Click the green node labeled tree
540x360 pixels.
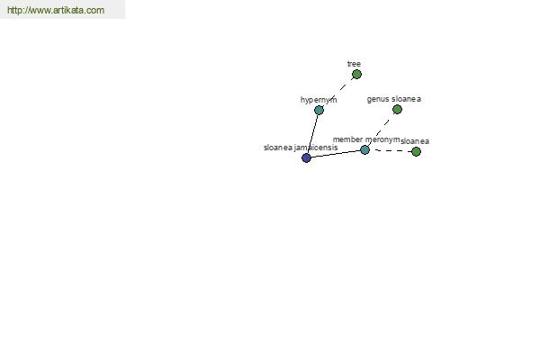[356, 74]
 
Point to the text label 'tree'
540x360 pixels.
[354, 64]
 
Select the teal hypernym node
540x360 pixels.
[319, 110]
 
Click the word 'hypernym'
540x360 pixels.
[319, 100]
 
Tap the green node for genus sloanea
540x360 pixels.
[397, 110]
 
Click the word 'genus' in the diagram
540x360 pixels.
[378, 99]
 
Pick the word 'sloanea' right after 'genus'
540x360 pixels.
[407, 99]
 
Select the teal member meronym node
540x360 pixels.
[364, 150]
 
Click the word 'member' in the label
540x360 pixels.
[347, 139]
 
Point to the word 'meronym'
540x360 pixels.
[382, 139]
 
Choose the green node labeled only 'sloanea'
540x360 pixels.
[416, 151]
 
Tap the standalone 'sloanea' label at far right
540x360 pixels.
[415, 141]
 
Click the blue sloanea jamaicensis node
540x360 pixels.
[306, 158]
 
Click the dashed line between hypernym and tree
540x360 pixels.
[337, 92]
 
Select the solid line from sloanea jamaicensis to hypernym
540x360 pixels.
[312, 134]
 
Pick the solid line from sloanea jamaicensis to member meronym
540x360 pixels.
[336, 154]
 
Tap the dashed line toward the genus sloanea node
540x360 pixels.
[381, 130]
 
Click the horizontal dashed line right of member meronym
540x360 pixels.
[391, 151]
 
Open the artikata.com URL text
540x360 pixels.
[56, 10]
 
